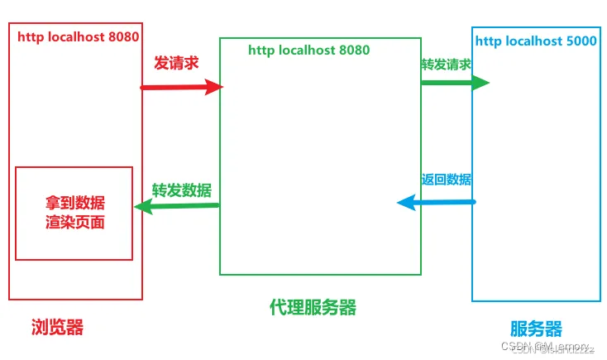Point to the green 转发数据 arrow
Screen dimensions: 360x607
[x=177, y=207]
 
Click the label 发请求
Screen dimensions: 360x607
[x=176, y=63]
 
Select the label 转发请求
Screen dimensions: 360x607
[x=446, y=65]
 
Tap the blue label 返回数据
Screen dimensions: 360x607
[x=447, y=179]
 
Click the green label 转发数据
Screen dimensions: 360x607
[x=181, y=189]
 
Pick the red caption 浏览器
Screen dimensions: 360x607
[x=57, y=327]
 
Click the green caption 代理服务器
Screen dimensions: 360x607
[x=313, y=307]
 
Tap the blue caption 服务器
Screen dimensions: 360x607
[x=536, y=328]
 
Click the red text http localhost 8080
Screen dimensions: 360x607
[x=79, y=36]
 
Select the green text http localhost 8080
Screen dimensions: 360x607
[x=308, y=50]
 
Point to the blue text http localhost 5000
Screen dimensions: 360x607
[x=536, y=40]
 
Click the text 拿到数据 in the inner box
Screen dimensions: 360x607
[x=75, y=204]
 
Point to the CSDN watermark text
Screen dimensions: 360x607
[x=551, y=347]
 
